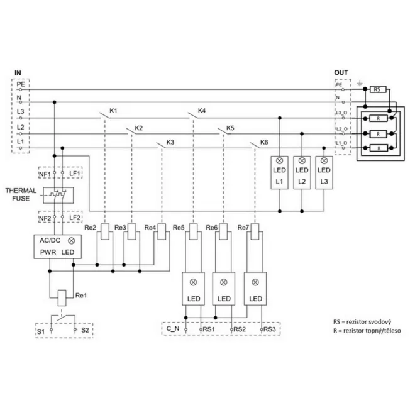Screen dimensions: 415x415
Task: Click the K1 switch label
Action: pos(113,111)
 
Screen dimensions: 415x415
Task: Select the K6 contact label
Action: pos(264,142)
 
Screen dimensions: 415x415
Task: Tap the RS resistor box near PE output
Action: pos(378,89)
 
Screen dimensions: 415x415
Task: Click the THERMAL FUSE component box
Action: pos(58,196)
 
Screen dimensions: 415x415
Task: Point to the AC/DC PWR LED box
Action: pos(58,246)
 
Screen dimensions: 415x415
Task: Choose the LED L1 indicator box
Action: pos(279,172)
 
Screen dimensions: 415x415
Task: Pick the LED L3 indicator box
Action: pos(324,172)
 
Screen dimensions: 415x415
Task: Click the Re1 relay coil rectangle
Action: pos(62,298)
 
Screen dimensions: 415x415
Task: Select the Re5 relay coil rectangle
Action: pos(194,231)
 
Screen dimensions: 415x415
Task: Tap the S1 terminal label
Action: pos(41,331)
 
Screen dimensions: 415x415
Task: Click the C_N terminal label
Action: pos(173,329)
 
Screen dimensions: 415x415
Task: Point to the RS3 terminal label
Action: pos(270,329)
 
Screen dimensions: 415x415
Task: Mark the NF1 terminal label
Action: pos(45,174)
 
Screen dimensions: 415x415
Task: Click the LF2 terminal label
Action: pos(75,218)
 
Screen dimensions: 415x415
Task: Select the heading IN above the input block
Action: pos(18,73)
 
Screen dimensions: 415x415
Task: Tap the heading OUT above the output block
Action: pos(341,72)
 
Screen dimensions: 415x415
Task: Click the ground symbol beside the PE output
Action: pos(360,84)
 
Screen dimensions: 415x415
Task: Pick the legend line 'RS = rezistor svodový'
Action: pos(362,322)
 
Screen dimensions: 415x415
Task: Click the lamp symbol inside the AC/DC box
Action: pos(72,241)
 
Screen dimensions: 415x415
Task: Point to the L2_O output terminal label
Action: pos(341,129)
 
